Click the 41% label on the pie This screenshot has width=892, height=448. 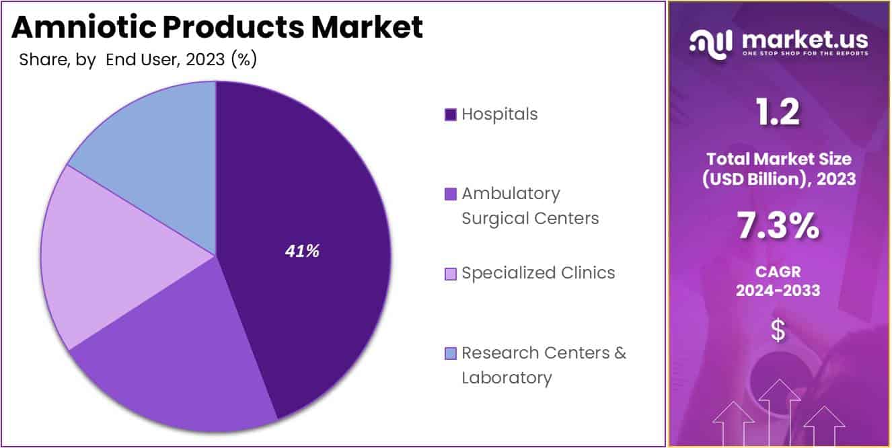coord(302,252)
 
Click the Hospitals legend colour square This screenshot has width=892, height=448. coord(451,114)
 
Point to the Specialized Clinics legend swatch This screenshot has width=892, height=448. coord(451,274)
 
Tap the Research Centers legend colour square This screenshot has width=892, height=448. coord(451,353)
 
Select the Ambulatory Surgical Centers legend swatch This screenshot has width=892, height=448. coord(451,194)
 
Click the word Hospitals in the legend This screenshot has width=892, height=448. coord(500,114)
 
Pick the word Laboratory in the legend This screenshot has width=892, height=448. coord(507,377)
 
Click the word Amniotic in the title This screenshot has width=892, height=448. coord(86,27)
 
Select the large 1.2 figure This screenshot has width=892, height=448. coord(778,112)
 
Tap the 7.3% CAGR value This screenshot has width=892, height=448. coord(778,226)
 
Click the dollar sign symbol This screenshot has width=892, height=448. coord(778,331)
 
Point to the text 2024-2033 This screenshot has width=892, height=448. coord(778,291)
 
